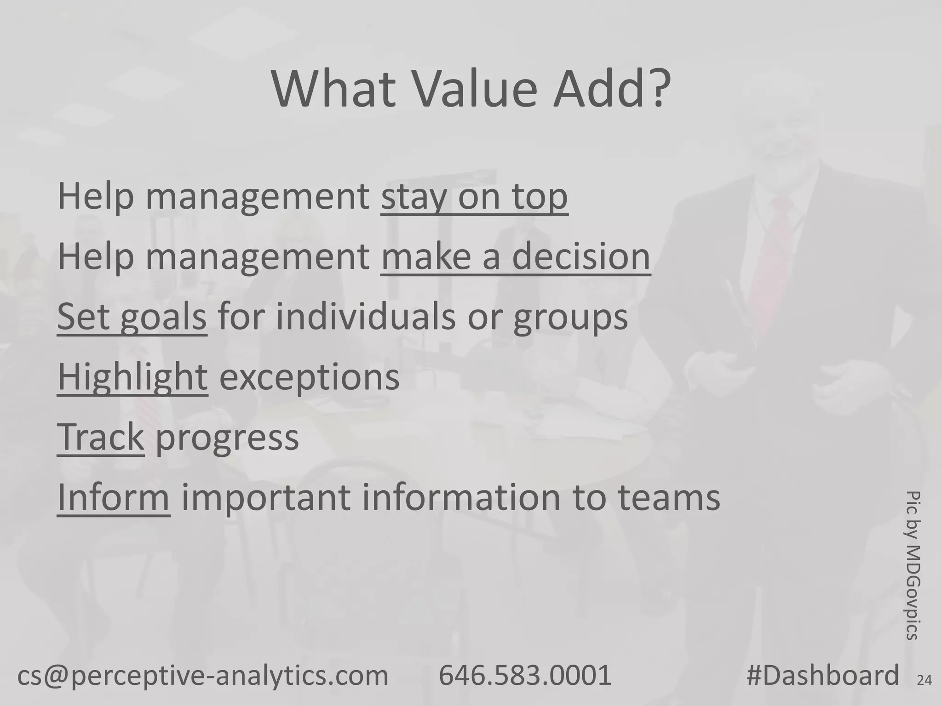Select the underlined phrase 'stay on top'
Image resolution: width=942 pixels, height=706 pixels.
coord(474,197)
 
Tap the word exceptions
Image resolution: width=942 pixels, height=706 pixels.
coord(309,378)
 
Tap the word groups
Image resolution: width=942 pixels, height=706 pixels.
coord(570,318)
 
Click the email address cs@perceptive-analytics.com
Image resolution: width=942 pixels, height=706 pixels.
coord(203,675)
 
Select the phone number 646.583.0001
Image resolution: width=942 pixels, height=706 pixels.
coord(525,675)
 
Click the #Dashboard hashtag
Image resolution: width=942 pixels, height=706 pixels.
coord(822,675)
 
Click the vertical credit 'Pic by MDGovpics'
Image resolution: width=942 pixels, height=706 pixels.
coord(913,565)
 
